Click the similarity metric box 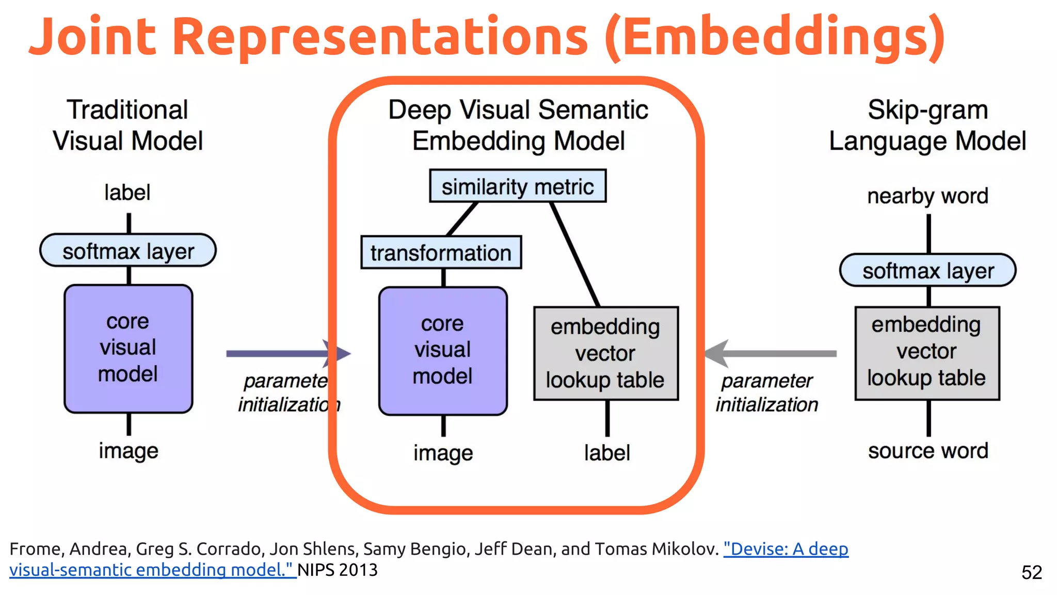point(518,186)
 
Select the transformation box point(441,253)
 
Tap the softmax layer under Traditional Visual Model point(128,250)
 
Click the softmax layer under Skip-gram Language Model point(927,270)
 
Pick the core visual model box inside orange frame point(443,351)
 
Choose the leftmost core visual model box point(128,349)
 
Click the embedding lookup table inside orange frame point(605,353)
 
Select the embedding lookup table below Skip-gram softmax point(926,353)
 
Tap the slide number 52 point(1031,572)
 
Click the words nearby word point(927,196)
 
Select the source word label point(927,451)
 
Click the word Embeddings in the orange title point(774,37)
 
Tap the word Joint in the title point(93,37)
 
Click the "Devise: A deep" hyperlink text point(786,549)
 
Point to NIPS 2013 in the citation point(338,570)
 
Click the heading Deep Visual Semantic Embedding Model point(518,126)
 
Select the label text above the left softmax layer point(127,193)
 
